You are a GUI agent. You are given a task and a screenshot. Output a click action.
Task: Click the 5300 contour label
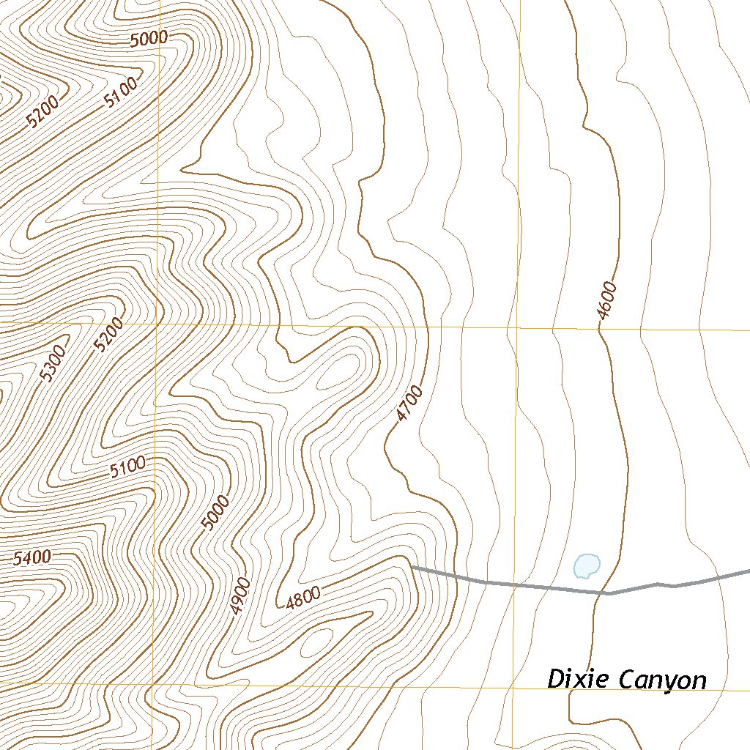(53, 363)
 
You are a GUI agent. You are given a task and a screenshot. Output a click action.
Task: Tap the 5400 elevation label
(32, 558)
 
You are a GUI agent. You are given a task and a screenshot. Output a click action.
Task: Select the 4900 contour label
(240, 595)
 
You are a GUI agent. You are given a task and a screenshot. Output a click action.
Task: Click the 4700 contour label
(409, 404)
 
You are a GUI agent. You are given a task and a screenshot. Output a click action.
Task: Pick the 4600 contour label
(607, 301)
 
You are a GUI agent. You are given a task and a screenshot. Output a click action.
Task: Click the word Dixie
(580, 680)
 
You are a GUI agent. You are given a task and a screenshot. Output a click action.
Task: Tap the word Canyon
(663, 680)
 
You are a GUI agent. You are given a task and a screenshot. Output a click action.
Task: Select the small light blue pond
(587, 565)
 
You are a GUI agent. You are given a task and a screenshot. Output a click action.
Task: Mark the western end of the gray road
(412, 567)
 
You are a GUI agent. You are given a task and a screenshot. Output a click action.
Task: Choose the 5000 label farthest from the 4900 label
(149, 39)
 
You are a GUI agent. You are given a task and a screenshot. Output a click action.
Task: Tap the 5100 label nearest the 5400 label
(128, 467)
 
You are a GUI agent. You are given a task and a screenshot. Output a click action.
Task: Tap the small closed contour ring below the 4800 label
(311, 644)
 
